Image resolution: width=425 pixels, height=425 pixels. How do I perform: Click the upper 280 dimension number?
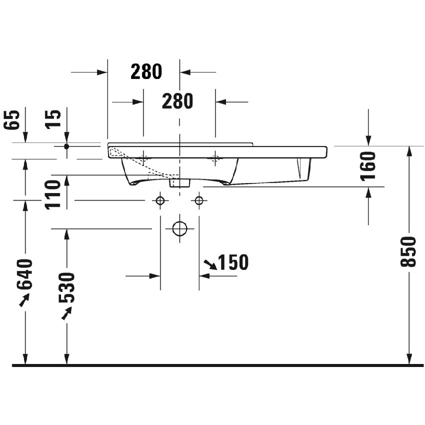pos(146,72)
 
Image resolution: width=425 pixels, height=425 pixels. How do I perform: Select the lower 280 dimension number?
pos(177,101)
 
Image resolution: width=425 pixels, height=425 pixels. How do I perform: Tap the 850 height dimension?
pos(408,251)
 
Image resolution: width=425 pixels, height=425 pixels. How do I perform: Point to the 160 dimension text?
pos(368,166)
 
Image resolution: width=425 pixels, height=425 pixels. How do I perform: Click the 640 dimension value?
pos(24,274)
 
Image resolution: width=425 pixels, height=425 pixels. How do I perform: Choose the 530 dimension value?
pos(66,288)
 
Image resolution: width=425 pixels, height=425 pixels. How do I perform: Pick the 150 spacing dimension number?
pos(233,262)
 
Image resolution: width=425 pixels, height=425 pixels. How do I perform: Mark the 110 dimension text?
pos(53,194)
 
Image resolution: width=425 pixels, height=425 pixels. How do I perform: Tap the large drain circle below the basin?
pos(179,228)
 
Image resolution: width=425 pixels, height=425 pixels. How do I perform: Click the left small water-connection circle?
pos(160,200)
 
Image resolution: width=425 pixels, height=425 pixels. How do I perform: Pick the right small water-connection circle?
pos(199,200)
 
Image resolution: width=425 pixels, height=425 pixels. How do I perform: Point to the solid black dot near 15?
pos(66,146)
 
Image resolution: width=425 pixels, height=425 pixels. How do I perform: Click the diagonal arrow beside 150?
pos(209,263)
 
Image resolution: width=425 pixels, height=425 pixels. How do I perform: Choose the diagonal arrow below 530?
pos(65,313)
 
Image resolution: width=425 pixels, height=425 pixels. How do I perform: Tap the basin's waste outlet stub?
pos(179,183)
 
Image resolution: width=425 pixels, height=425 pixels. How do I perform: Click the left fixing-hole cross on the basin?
pos(143,159)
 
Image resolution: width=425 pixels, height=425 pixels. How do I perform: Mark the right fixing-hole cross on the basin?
pos(215,159)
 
